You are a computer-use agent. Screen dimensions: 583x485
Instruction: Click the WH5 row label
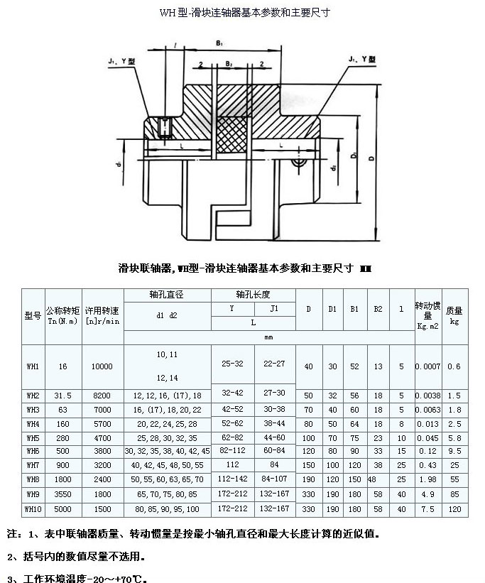[x=33, y=437]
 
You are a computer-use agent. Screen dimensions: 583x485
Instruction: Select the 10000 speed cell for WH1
[x=102, y=366]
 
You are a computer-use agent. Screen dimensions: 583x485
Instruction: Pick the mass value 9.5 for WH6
[x=455, y=451]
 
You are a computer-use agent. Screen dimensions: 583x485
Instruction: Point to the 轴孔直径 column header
[x=167, y=295]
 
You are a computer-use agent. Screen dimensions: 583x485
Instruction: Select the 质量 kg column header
[x=455, y=315]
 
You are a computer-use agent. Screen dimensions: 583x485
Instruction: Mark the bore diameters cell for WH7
[x=167, y=465]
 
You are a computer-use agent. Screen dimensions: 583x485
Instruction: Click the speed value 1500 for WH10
[x=102, y=509]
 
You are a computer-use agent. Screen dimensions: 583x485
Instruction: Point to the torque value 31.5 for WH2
[x=63, y=395]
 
